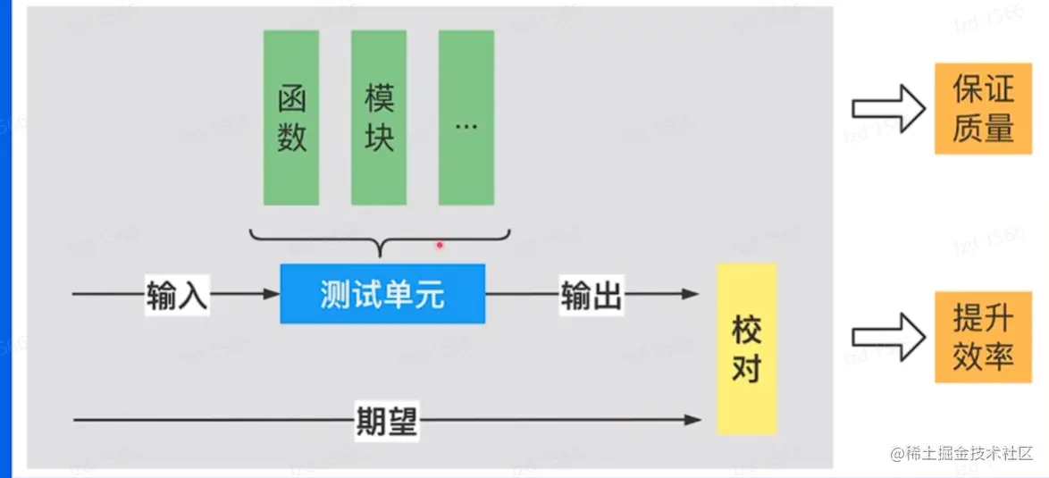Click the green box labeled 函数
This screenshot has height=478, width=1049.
click(291, 117)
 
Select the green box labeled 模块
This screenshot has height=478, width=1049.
click(379, 117)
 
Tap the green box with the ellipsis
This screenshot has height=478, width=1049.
click(466, 117)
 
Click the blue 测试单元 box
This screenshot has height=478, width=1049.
click(382, 293)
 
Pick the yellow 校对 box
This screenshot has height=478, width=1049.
click(747, 348)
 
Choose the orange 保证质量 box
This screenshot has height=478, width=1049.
click(982, 109)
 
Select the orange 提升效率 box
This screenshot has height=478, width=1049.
click(982, 337)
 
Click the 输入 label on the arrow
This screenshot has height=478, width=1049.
click(177, 294)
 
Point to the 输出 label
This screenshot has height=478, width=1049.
click(591, 294)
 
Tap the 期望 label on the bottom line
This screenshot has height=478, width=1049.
click(387, 419)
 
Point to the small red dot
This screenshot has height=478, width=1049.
click(439, 244)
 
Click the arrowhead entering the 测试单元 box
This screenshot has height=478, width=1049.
click(271, 294)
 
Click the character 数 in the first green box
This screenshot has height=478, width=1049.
click(291, 138)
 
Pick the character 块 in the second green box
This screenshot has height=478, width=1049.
click(379, 138)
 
